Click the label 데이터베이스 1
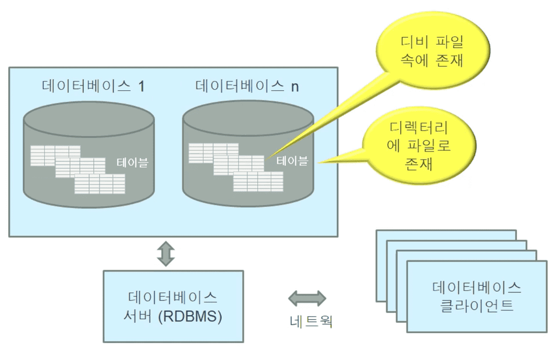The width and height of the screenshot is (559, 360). pos(93,86)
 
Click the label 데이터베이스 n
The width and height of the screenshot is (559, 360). pos(247,86)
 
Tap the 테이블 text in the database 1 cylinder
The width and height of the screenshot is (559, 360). pos(132,163)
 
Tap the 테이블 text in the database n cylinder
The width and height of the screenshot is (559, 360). pos(292,161)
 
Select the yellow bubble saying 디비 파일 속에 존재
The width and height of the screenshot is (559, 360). pos(433,50)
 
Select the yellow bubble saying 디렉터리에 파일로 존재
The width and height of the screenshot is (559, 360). pos(419,145)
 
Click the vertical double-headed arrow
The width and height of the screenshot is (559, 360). pos(166,253)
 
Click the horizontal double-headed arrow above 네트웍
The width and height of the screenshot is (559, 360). pos(307,298)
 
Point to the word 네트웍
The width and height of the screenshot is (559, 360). pos(311,321)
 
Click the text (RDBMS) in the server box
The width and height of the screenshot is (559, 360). pos(190,316)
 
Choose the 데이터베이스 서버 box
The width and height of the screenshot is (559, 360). pos(174,306)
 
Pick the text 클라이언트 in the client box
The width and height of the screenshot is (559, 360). pos(477,306)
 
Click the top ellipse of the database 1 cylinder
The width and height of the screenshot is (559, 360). pos(89,119)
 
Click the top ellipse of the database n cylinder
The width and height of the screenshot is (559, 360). pos(248,118)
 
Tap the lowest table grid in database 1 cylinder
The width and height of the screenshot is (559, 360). pos(100,184)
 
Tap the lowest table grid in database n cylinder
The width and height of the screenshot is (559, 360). pos(259,182)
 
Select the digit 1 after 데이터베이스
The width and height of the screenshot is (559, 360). pos(141,87)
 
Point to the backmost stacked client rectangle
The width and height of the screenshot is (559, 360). pos(446,235)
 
